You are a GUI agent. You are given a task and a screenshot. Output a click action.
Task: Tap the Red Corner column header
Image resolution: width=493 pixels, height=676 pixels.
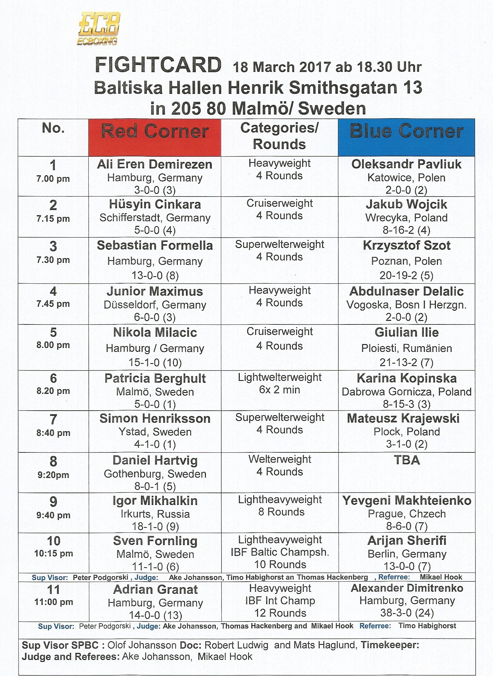tap(155, 132)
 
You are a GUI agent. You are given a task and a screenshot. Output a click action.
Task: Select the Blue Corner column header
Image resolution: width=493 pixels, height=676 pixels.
tap(406, 132)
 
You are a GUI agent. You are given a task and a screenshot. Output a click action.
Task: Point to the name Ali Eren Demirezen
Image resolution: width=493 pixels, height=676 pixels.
tap(155, 164)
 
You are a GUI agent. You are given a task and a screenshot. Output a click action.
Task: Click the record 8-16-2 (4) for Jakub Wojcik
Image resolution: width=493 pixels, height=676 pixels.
tap(406, 230)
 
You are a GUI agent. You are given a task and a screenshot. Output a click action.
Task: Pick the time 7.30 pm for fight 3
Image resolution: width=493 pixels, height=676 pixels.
tap(53, 260)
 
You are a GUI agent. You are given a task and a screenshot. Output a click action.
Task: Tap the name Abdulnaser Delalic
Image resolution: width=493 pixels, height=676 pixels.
tap(406, 291)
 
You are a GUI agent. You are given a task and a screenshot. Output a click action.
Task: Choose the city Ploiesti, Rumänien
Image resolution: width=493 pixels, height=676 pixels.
tap(406, 348)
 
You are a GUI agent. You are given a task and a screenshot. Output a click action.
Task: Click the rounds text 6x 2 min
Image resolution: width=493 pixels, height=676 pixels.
tap(279, 390)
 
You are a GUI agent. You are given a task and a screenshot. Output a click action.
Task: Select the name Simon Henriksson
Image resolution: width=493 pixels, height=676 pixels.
tap(155, 418)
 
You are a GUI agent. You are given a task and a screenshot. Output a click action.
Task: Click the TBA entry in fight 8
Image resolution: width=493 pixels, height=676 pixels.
tap(406, 460)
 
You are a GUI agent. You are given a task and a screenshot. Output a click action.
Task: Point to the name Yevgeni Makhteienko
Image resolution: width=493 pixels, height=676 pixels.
tap(406, 500)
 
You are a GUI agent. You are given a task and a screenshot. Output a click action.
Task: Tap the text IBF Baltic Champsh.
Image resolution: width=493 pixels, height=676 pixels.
tap(280, 552)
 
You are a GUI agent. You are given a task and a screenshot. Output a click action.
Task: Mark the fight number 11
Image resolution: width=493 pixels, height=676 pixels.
tap(54, 590)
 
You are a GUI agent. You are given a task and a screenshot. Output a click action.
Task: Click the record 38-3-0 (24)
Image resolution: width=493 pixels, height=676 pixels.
tap(406, 613)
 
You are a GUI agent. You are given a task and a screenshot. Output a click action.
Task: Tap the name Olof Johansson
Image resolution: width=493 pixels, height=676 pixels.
tap(142, 645)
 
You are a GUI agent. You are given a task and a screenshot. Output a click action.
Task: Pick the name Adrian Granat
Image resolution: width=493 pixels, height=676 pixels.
tap(155, 590)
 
